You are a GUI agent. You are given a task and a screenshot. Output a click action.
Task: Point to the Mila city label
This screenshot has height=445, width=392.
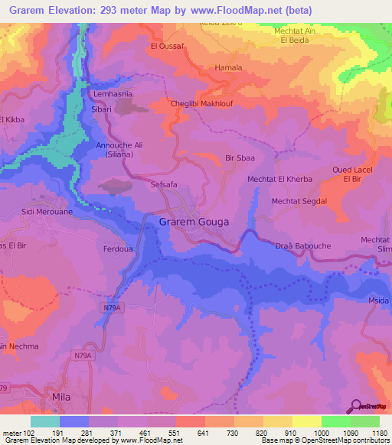60,398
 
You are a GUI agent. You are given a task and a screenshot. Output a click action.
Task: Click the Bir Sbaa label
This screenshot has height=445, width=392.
240,158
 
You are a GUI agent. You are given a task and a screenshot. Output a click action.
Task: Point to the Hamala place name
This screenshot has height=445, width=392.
228,67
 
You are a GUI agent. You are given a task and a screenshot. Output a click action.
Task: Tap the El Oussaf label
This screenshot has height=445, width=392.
166,46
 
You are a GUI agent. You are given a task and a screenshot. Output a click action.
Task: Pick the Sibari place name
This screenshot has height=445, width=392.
103,109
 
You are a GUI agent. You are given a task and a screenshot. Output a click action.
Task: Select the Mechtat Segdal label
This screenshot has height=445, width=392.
299,201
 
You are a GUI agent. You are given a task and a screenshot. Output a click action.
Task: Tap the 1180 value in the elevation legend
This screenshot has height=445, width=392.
380,433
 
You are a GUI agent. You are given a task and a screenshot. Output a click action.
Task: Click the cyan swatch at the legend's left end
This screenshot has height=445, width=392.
45,421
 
